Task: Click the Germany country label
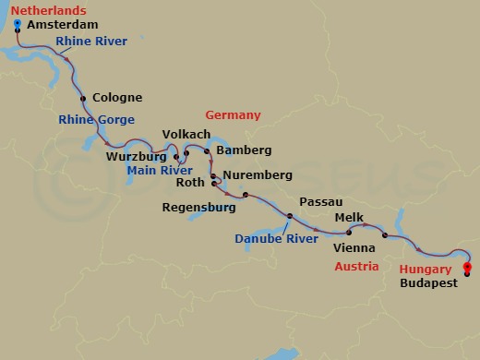tap(234, 115)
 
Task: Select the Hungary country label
tap(426, 270)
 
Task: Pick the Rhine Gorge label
tap(96, 119)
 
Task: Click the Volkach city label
tap(186, 134)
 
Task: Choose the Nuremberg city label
tap(257, 174)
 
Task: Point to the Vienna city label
tap(354, 248)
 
